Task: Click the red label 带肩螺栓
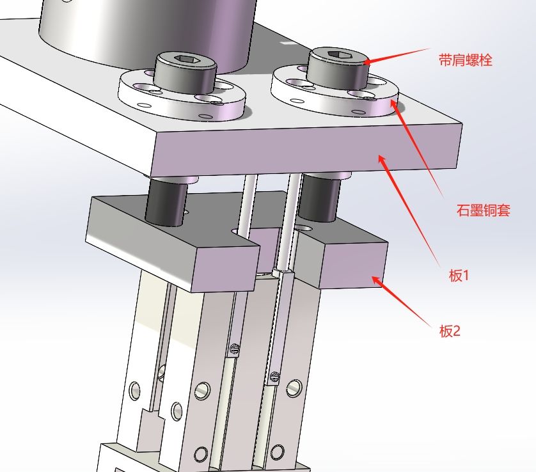(x=465, y=61)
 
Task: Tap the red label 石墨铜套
(x=483, y=210)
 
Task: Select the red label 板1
(x=459, y=276)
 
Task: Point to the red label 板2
(x=449, y=331)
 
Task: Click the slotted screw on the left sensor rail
(x=234, y=349)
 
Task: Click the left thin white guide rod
(x=246, y=205)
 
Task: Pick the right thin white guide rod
(x=292, y=211)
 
